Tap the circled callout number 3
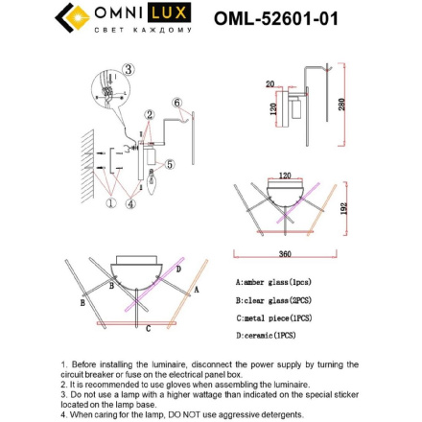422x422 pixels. (129, 69)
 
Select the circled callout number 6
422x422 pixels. (176, 103)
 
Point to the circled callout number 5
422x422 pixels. (170, 164)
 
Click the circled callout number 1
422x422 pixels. (110, 203)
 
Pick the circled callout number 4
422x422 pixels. (132, 203)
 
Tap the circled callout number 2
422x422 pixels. (148, 114)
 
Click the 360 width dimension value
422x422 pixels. (285, 254)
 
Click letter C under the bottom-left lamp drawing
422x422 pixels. (148, 328)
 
